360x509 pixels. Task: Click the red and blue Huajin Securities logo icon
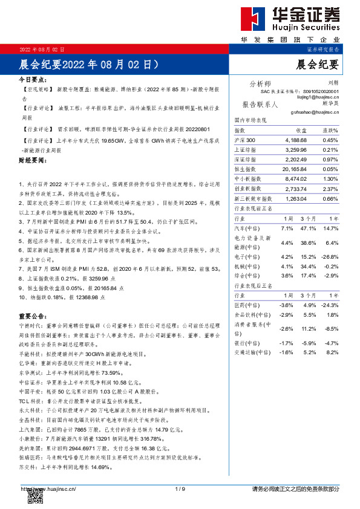pos(253,19)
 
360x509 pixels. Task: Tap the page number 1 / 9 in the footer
pos(179,488)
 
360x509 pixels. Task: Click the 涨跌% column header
pos(329,131)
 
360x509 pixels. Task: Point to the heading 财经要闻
pos(33,161)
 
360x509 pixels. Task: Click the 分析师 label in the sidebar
pos(260,83)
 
